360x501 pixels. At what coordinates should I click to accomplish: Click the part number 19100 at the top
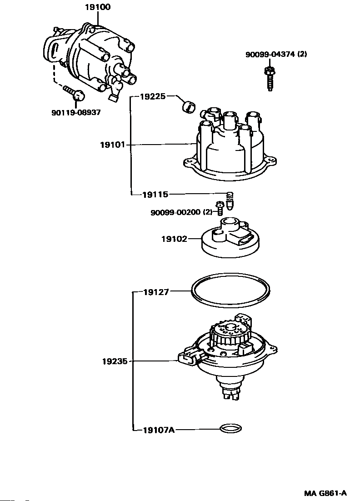(x=97, y=7)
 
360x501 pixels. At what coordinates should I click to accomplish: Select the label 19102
(x=174, y=238)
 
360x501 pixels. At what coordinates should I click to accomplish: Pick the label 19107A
(x=158, y=429)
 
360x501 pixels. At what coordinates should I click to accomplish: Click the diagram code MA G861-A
(x=325, y=493)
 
